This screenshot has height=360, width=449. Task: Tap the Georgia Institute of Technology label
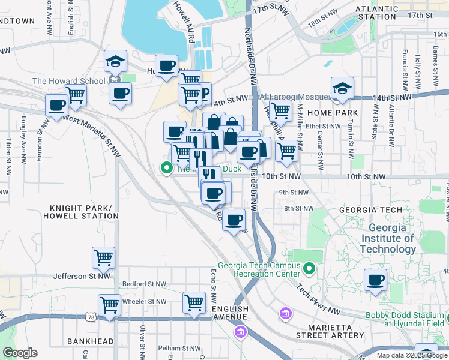[391, 238]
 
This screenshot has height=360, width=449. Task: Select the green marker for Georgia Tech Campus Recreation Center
[309, 268]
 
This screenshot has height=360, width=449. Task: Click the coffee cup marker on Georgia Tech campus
[375, 279]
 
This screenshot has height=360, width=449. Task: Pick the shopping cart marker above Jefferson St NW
[103, 257]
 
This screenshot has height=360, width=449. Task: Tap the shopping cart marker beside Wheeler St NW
[109, 304]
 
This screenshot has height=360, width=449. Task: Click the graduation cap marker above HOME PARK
[342, 88]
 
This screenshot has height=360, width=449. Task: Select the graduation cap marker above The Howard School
[115, 60]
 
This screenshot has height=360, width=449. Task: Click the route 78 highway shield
[90, 316]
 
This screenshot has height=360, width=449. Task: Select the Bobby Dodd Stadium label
[406, 319]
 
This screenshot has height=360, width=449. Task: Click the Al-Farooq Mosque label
[292, 97]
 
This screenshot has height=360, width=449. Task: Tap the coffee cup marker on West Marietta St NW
[57, 104]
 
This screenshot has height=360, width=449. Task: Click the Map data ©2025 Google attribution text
[411, 355]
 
